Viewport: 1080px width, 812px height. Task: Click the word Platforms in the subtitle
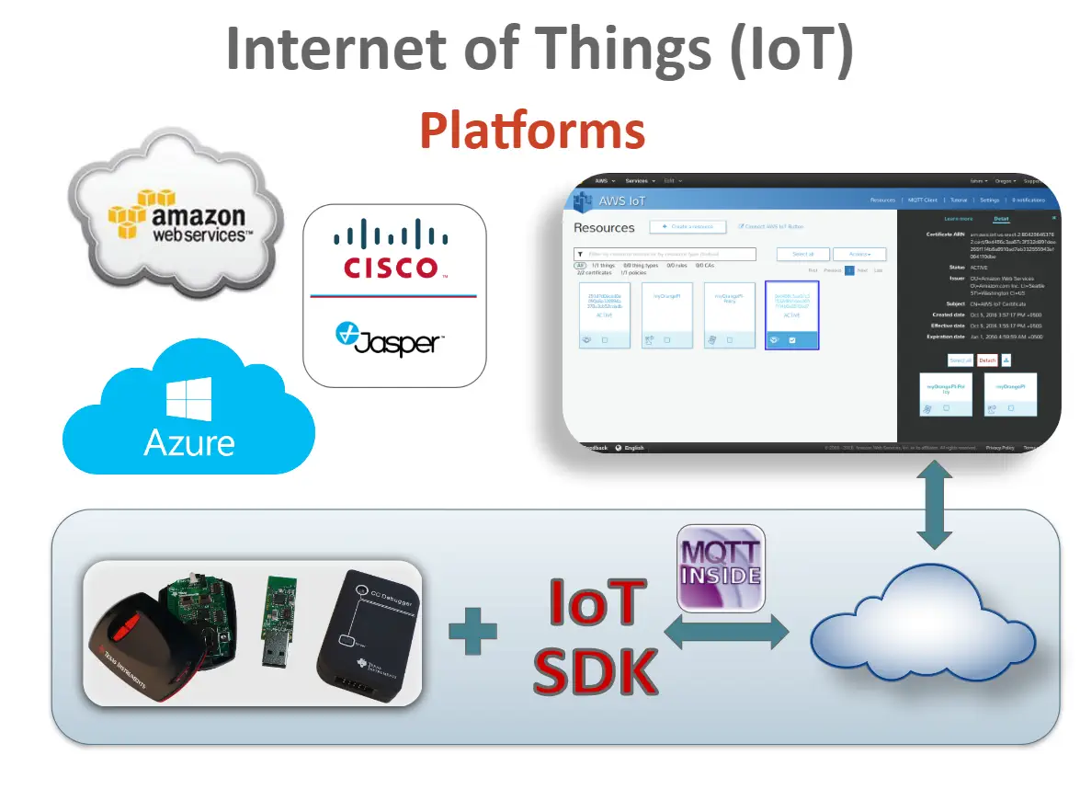tap(532, 131)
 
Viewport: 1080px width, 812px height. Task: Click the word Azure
tap(189, 443)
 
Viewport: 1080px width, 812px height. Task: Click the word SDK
tap(596, 671)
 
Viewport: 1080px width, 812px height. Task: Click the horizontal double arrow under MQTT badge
tap(727, 633)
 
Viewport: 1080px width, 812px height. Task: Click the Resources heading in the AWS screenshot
tap(604, 227)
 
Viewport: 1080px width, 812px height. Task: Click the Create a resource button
tap(688, 226)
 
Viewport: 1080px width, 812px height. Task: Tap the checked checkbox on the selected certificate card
tap(792, 340)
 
